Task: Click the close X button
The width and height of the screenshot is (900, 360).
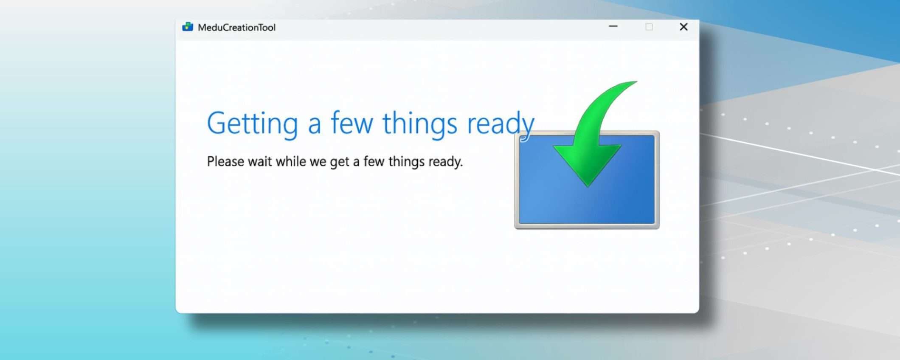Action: pos(683,27)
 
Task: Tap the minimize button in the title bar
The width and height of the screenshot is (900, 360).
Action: pos(613,26)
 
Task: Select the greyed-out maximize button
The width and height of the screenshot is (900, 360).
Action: pos(649,27)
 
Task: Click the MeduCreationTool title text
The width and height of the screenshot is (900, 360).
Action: pos(236,28)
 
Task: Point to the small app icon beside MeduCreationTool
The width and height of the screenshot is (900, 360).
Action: pos(187,27)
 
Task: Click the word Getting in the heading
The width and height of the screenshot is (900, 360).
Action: pos(252,124)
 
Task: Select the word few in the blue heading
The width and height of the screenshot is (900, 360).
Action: pos(352,122)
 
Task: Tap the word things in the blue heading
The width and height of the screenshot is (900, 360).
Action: pos(420,124)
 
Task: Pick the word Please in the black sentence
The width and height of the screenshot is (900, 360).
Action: pos(225,161)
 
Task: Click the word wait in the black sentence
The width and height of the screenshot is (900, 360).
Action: pos(260,161)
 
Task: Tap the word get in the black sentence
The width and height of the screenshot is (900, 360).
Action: pos(340,162)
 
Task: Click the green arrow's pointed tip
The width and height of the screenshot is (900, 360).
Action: pos(588,186)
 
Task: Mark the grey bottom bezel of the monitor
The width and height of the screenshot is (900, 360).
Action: pos(587,226)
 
